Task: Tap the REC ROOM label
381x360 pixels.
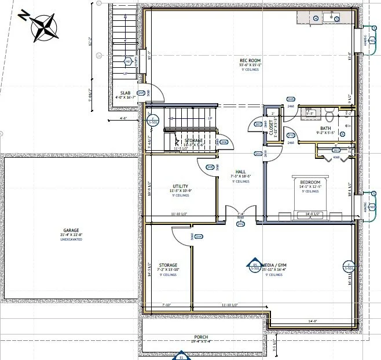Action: click(x=251, y=61)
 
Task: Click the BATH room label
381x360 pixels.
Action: click(x=326, y=128)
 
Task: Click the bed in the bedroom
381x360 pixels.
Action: click(x=310, y=197)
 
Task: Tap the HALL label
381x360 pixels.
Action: click(x=240, y=172)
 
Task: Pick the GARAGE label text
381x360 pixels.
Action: click(x=71, y=230)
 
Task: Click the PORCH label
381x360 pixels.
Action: click(x=201, y=336)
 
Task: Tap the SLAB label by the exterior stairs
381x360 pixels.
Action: click(x=125, y=92)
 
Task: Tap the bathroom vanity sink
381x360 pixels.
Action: click(x=311, y=113)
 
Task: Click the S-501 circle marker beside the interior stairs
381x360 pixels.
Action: click(x=153, y=121)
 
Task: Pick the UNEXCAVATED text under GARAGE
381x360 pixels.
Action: click(x=71, y=238)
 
